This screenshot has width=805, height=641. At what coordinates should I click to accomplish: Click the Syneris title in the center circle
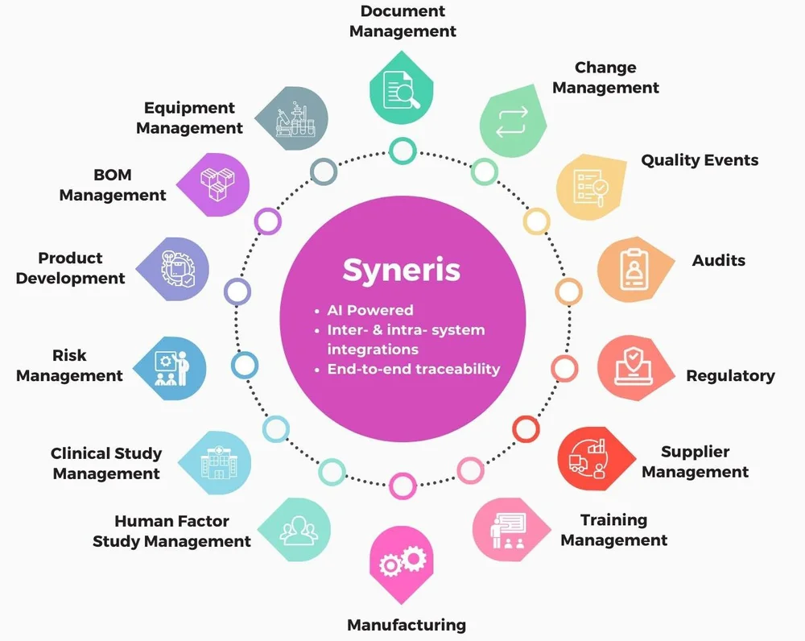(402, 270)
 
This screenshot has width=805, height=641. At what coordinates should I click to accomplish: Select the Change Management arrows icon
(512, 122)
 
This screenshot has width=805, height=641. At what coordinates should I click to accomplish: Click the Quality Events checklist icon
(591, 187)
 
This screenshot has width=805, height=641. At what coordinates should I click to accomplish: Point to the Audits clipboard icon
(634, 269)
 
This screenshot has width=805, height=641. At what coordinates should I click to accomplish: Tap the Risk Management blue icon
(170, 368)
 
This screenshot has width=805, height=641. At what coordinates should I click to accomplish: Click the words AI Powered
(370, 310)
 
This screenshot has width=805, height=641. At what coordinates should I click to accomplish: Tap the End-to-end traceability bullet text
(414, 369)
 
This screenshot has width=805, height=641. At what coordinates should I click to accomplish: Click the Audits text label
(719, 260)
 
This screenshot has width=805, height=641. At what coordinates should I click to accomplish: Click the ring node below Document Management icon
(402, 151)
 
